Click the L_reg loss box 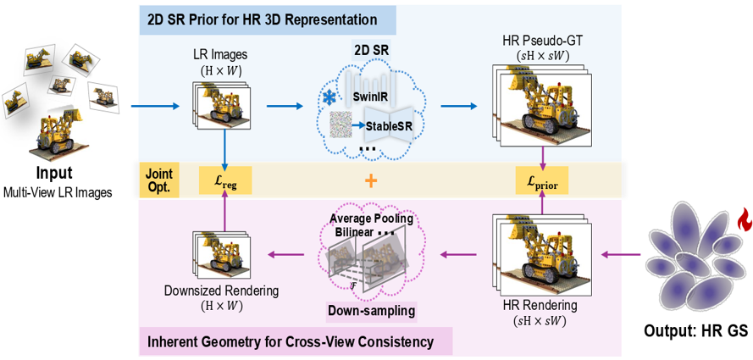225,180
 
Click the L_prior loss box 542,180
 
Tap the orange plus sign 371,180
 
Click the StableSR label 389,127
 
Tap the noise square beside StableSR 340,125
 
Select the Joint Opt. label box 159,180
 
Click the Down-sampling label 371,311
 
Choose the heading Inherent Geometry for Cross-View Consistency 291,342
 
